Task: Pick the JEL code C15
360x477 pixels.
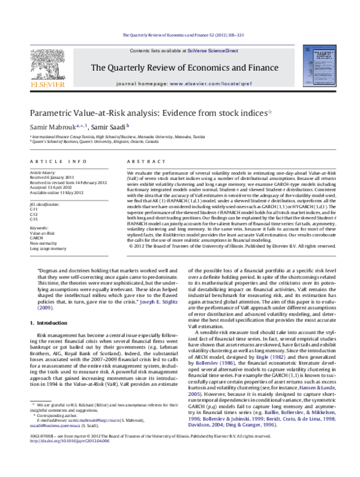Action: pos(34,215)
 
